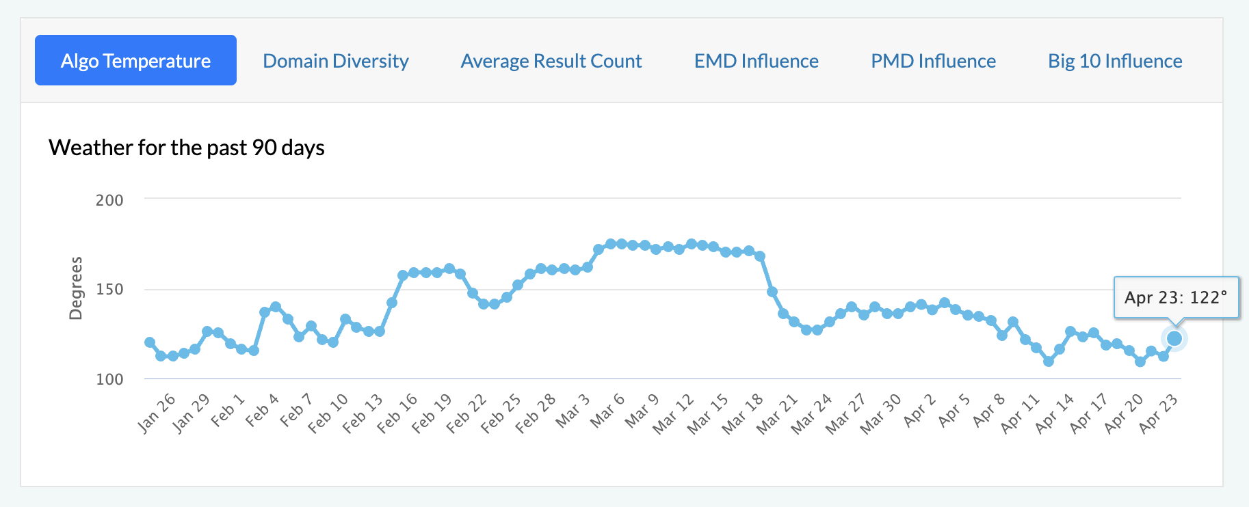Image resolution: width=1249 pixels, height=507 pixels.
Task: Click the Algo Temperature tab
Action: click(x=135, y=61)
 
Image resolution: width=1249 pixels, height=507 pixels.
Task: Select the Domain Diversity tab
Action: click(x=336, y=61)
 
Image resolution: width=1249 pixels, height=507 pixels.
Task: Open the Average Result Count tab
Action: click(x=551, y=61)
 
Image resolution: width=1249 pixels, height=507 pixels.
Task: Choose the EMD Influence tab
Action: click(x=757, y=61)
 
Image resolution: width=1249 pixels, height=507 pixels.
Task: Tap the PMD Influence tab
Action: click(x=933, y=61)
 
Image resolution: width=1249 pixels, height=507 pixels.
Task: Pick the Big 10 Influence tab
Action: click(x=1115, y=61)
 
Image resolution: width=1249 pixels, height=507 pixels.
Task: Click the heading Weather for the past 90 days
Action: click(x=187, y=148)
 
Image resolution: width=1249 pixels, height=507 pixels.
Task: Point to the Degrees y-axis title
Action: click(x=75, y=288)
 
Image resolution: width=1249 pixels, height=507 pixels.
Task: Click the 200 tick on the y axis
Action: click(x=109, y=200)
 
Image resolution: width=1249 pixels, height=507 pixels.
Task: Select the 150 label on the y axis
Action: click(x=109, y=289)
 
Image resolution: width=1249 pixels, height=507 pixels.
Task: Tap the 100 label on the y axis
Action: click(x=109, y=379)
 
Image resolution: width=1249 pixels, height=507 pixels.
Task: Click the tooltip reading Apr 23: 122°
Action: click(x=1176, y=297)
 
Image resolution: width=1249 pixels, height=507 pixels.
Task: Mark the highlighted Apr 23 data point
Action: click(x=1174, y=338)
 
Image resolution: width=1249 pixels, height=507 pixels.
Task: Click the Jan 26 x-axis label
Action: click(x=157, y=413)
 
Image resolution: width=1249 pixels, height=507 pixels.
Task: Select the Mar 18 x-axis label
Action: click(x=743, y=413)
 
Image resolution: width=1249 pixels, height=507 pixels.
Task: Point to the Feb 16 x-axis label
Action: click(x=397, y=413)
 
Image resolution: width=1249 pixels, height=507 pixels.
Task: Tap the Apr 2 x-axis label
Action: click(x=919, y=411)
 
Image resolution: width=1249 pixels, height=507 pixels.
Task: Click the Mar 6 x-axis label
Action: click(x=607, y=411)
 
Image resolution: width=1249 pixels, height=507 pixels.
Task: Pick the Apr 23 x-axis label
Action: click(x=1159, y=413)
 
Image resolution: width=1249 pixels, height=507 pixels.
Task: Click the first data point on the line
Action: click(x=150, y=342)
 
